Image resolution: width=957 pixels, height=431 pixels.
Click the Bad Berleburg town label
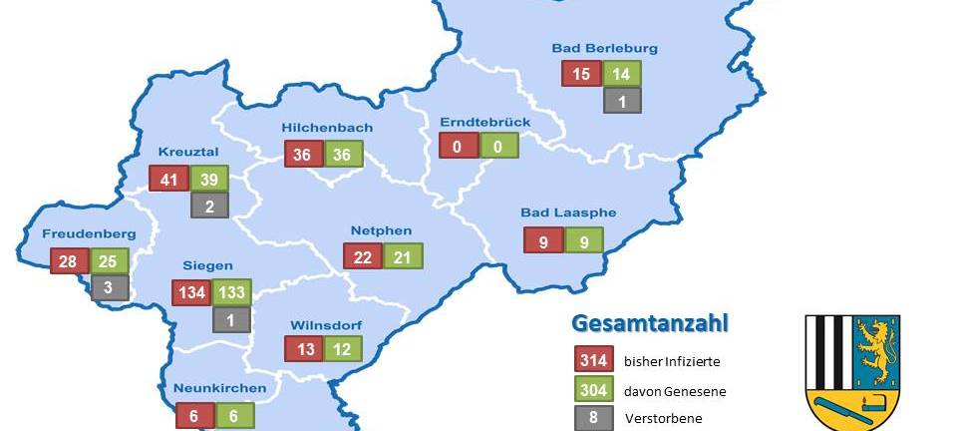pyautogui.click(x=604, y=48)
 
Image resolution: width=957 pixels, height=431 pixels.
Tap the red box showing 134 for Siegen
pyautogui.click(x=190, y=292)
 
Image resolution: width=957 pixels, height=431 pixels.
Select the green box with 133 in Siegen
pyautogui.click(x=231, y=292)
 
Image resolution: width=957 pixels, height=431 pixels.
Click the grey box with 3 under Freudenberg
pyautogui.click(x=110, y=288)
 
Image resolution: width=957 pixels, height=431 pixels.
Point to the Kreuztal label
pyautogui.click(x=187, y=153)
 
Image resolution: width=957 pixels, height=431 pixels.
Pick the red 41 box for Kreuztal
pyautogui.click(x=168, y=179)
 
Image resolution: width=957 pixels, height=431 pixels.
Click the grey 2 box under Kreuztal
pyautogui.click(x=209, y=206)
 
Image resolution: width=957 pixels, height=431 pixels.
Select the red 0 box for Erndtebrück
pyautogui.click(x=459, y=146)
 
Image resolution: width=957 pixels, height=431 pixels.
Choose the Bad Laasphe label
pyautogui.click(x=568, y=213)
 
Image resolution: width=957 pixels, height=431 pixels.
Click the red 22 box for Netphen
pyautogui.click(x=363, y=255)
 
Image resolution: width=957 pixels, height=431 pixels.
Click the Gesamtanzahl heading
pyautogui.click(x=649, y=323)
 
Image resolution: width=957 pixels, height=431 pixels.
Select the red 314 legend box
pyautogui.click(x=593, y=359)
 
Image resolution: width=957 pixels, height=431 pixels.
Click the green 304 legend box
pyautogui.click(x=593, y=390)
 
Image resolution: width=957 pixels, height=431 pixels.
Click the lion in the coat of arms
pyautogui.click(x=865, y=351)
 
